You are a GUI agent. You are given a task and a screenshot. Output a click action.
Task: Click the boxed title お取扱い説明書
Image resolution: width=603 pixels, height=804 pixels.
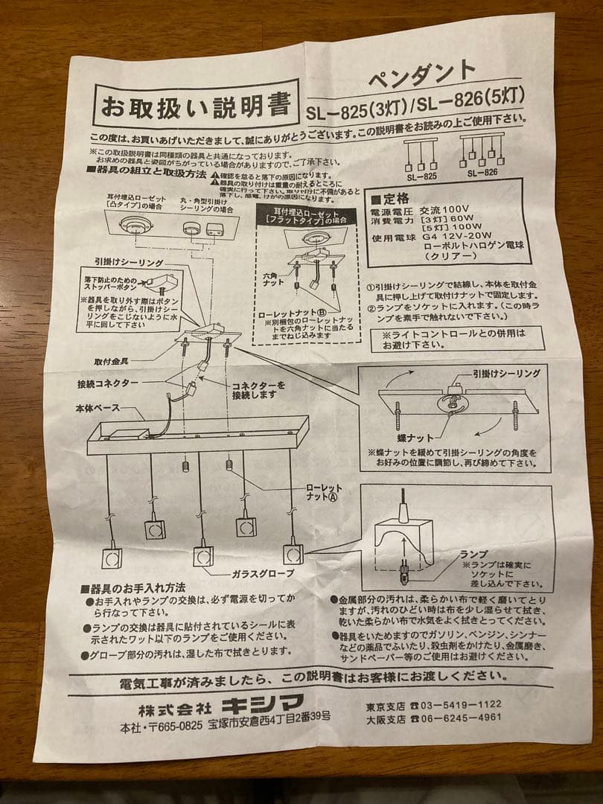(x=196, y=104)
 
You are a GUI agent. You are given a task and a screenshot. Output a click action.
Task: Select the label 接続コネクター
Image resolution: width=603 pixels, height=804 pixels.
(x=107, y=383)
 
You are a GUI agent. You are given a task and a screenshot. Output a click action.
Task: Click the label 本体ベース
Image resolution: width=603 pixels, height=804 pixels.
(x=98, y=409)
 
